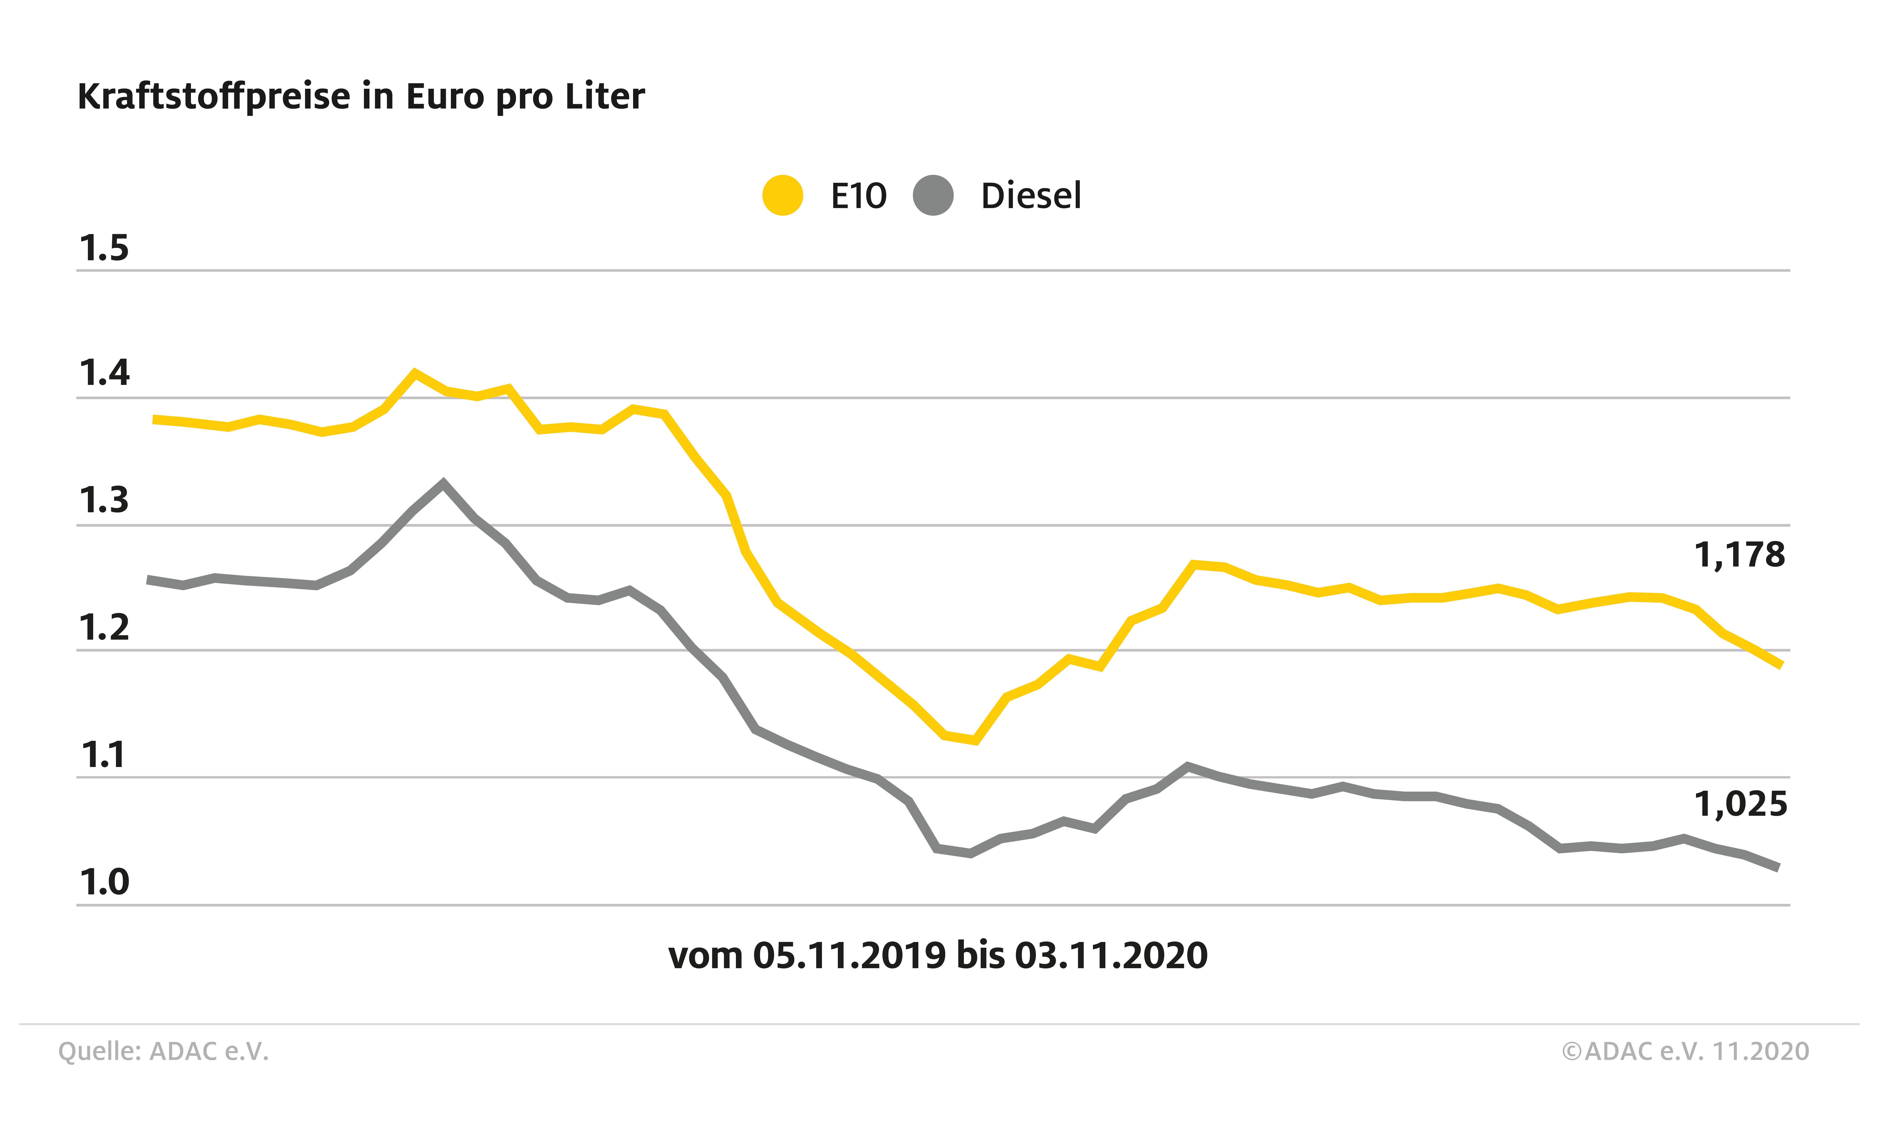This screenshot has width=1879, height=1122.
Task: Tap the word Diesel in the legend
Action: [1031, 196]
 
